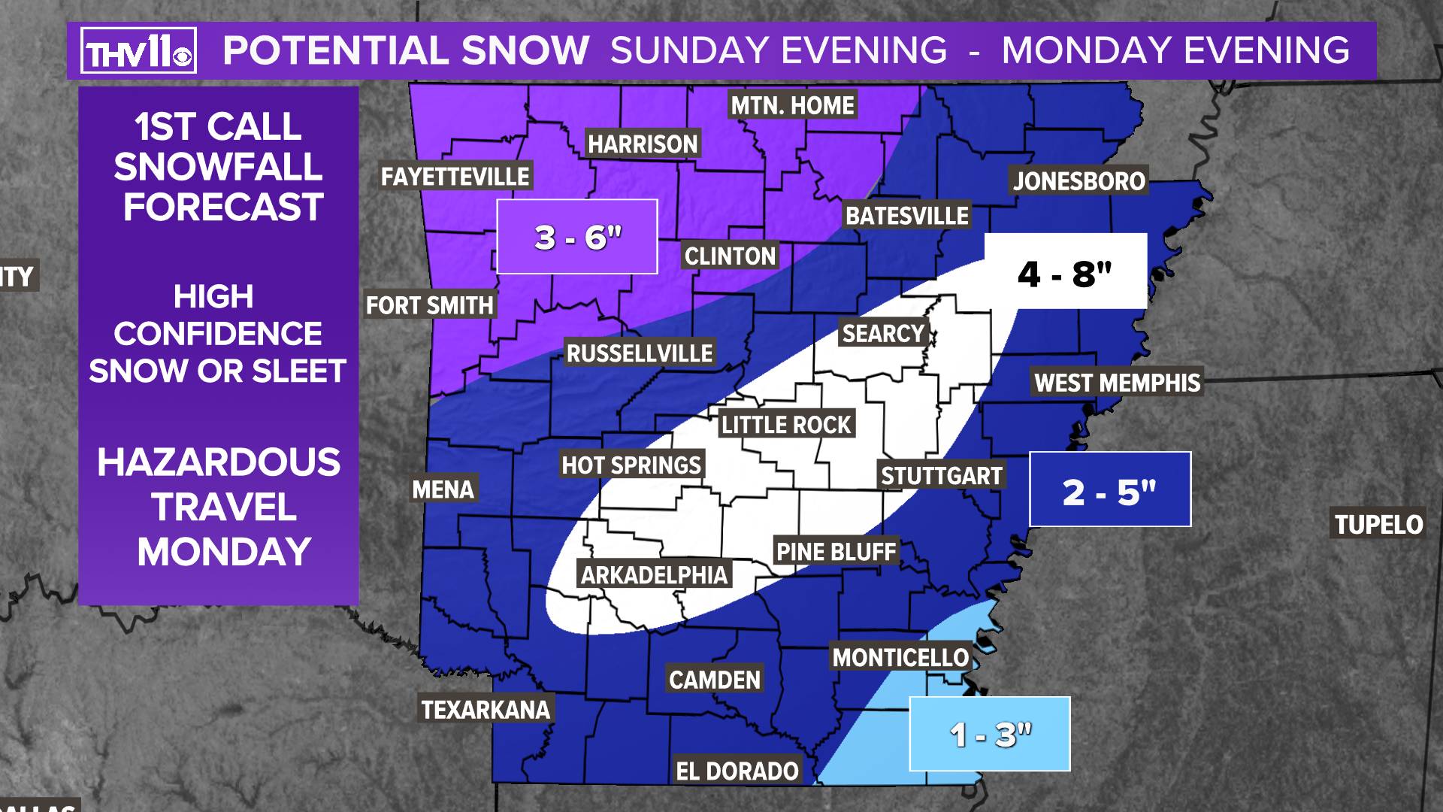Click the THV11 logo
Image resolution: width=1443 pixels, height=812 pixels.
click(138, 50)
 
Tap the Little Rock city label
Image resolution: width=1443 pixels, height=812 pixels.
click(785, 425)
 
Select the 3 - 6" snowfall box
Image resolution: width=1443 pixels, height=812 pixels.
click(577, 237)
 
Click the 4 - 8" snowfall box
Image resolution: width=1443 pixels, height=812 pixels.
click(1065, 271)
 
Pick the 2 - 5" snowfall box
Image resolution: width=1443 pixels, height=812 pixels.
click(1109, 489)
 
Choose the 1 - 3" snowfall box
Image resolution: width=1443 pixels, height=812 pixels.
click(989, 734)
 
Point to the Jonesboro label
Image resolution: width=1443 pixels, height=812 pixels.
click(1078, 180)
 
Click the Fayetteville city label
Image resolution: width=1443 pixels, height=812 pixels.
click(455, 177)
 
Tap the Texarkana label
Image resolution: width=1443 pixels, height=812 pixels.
click(486, 709)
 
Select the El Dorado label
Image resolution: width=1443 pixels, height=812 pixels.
click(737, 771)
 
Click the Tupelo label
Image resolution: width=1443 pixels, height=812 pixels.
click(1378, 524)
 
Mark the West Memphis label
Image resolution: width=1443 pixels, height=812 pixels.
click(1117, 383)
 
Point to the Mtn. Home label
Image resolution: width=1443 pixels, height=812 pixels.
click(792, 105)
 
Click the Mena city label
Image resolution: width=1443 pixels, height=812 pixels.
click(443, 489)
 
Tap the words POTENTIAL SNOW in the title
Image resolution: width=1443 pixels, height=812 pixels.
click(406, 51)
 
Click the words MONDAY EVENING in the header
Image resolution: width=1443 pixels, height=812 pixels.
click(1175, 51)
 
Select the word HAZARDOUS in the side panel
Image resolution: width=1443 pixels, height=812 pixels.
click(218, 462)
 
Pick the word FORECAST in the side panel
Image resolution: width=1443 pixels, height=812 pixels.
click(223, 207)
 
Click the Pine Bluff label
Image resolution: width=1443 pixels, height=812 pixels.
click(836, 552)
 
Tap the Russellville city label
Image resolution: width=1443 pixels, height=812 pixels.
click(639, 353)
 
